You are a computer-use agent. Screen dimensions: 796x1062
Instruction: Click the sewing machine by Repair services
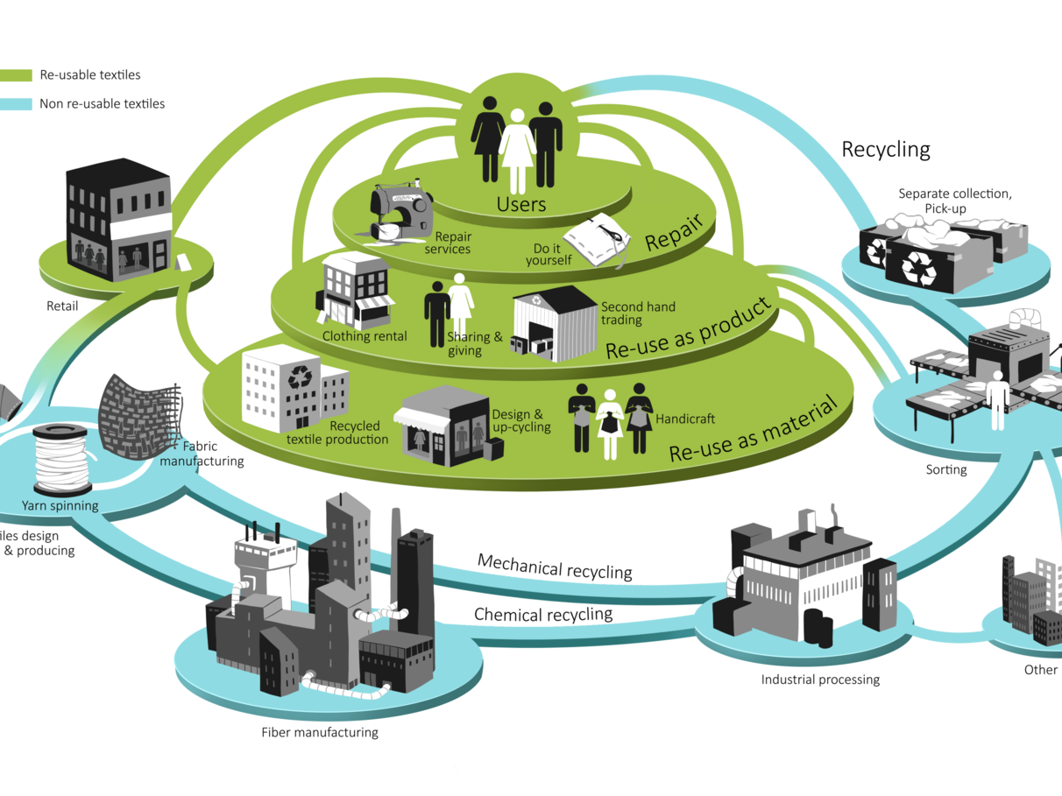pos(399,210)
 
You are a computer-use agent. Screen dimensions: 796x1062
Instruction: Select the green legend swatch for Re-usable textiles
pos(16,75)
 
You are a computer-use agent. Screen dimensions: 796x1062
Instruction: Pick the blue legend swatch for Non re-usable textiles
pos(16,103)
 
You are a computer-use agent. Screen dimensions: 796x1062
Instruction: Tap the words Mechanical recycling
pos(554,567)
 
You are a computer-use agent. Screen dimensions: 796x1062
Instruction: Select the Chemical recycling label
pos(542,614)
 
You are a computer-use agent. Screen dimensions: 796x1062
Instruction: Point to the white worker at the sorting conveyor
pos(997,399)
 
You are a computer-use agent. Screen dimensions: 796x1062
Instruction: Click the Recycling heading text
pos(885,150)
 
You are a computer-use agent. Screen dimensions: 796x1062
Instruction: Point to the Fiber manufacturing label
pos(320,732)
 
